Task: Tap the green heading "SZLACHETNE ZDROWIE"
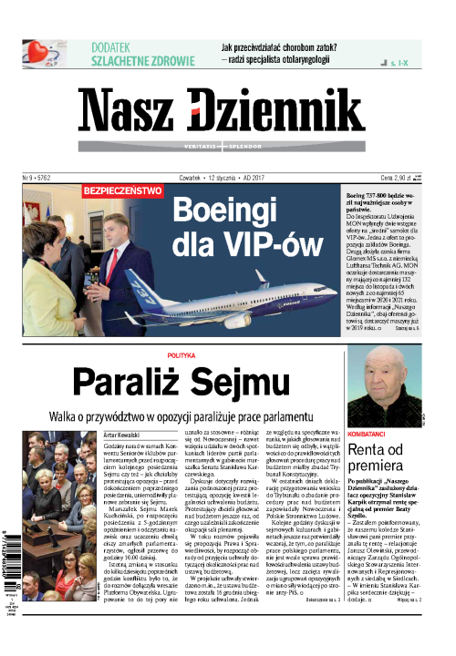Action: click(x=142, y=62)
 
